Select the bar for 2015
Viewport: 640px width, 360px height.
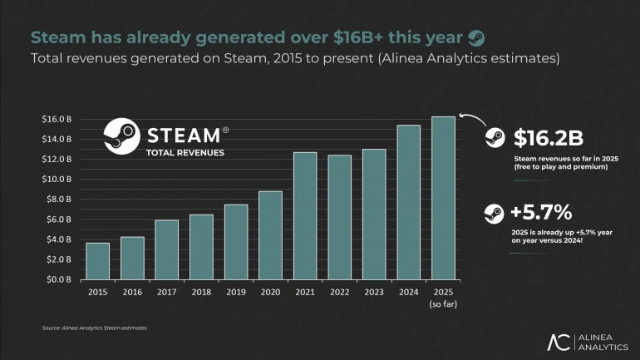point(97,261)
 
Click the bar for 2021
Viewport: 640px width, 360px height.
point(304,216)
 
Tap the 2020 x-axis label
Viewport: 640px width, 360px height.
point(270,292)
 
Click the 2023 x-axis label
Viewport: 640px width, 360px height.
point(374,292)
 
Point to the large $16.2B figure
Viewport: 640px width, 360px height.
point(549,138)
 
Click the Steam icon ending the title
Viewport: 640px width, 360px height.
point(475,37)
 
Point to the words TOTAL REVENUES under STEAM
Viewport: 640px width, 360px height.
point(185,153)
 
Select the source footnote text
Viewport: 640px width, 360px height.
point(94,328)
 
